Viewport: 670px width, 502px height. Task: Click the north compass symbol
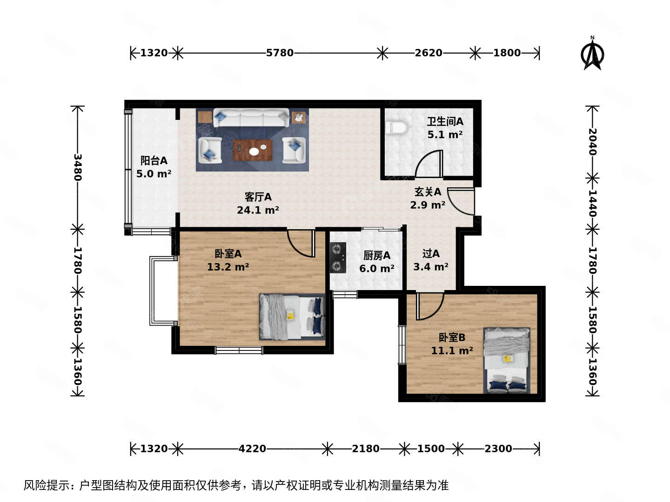(592, 54)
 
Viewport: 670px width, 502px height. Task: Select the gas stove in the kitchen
(338, 258)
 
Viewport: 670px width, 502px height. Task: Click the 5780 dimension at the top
(280, 53)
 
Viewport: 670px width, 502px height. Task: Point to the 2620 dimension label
(429, 53)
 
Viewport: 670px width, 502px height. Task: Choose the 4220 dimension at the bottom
(252, 449)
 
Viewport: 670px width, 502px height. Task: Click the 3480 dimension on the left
(78, 167)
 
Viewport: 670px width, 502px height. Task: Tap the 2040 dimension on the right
(592, 142)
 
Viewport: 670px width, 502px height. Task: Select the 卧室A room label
(228, 254)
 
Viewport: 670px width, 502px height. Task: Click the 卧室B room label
(452, 337)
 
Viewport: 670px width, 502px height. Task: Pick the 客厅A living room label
(258, 197)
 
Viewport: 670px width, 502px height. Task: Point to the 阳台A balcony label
(154, 161)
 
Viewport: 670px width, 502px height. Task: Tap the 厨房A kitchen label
(377, 256)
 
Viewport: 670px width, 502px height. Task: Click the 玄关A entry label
(428, 192)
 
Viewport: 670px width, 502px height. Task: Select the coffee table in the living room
(252, 150)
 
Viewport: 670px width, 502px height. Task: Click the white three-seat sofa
(251, 118)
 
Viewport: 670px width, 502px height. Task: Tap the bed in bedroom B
(507, 360)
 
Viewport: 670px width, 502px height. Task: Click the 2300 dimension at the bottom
(498, 449)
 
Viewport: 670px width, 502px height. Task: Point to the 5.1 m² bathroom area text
(445, 135)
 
